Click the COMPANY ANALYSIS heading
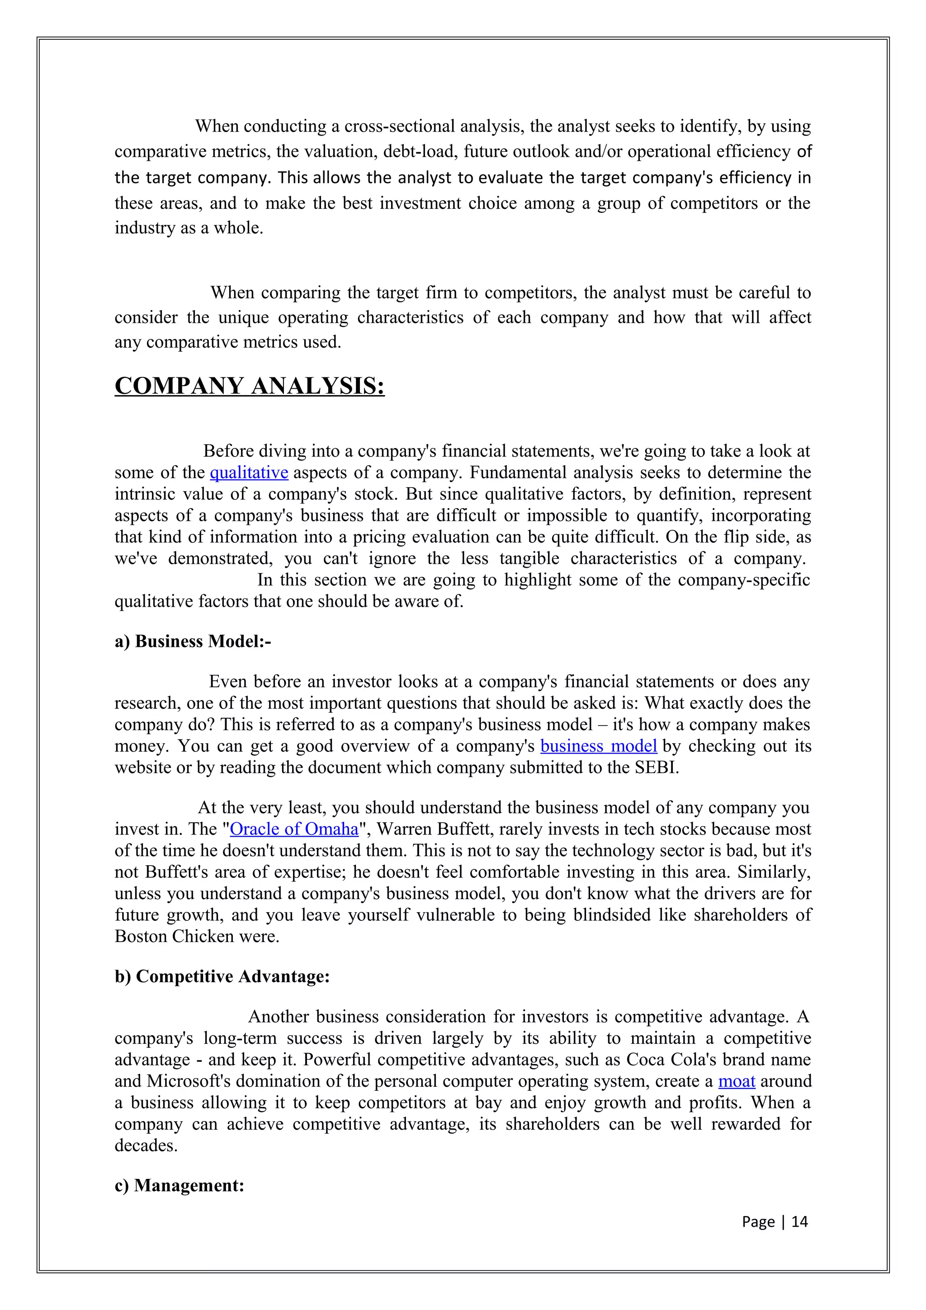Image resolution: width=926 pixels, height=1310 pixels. (x=249, y=386)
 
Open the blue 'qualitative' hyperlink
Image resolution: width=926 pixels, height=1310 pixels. (x=249, y=472)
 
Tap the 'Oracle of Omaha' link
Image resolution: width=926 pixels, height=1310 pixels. (x=294, y=829)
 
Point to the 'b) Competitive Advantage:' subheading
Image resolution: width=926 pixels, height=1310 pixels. (x=222, y=976)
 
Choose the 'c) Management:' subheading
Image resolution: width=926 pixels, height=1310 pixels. (x=179, y=1185)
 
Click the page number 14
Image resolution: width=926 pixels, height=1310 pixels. (x=799, y=1221)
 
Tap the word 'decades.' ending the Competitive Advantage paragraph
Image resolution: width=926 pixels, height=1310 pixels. (x=146, y=1145)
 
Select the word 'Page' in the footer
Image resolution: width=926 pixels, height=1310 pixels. (x=758, y=1221)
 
